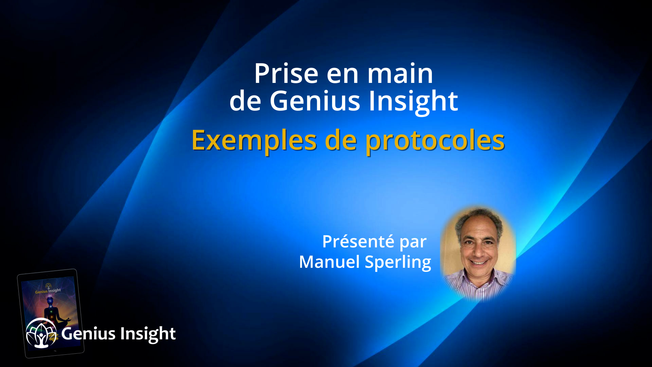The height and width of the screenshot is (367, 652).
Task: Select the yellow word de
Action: click(341, 140)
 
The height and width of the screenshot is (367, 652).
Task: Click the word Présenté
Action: click(358, 242)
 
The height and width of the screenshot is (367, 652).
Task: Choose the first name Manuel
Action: click(329, 262)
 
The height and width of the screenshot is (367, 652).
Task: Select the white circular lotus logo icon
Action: click(41, 333)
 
